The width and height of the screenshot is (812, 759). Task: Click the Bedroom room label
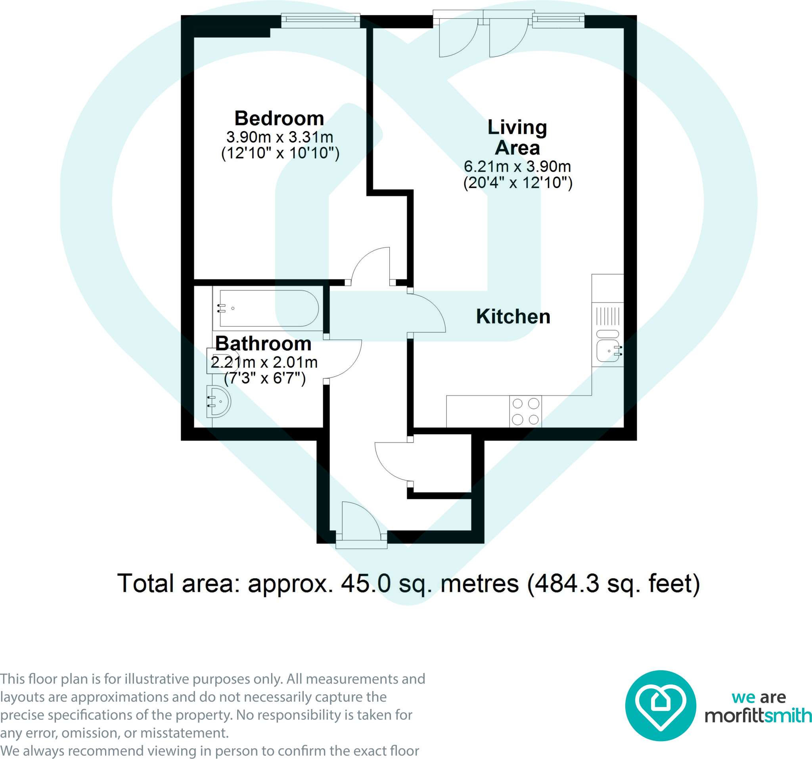(280, 119)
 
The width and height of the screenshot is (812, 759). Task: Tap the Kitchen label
(513, 316)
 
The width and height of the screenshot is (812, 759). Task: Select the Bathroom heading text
(263, 343)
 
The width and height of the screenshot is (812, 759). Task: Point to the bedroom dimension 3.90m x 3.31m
(280, 137)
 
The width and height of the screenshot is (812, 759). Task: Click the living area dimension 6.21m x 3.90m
(517, 166)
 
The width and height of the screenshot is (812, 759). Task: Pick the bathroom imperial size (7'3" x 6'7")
(265, 378)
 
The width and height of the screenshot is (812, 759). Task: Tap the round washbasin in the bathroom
(219, 402)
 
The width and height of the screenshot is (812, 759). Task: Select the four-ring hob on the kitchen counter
(526, 411)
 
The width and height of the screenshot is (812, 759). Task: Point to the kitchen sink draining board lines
(608, 316)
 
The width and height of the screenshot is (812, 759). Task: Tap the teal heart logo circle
(661, 705)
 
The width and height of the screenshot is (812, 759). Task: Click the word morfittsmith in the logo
(758, 715)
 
